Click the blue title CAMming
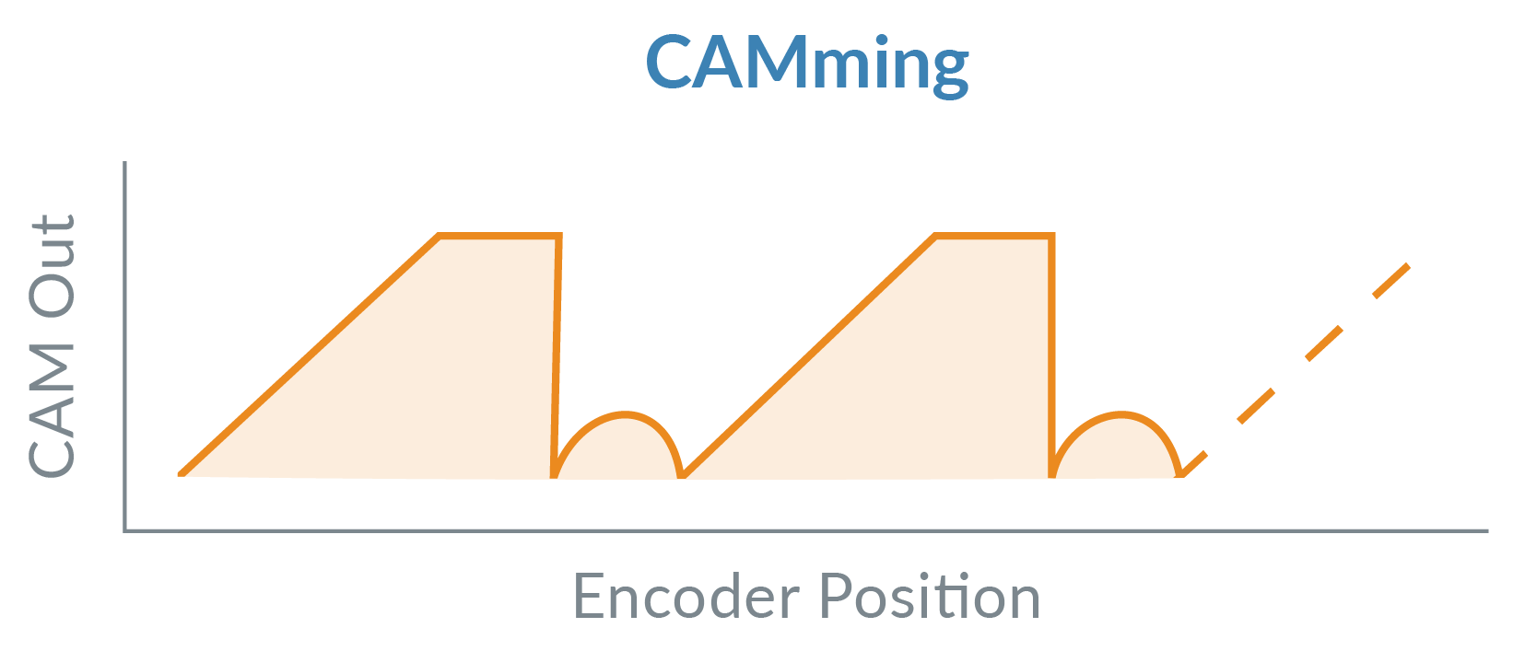pyautogui.click(x=807, y=64)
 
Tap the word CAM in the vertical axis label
pyautogui.click(x=52, y=412)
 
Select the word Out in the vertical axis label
pyautogui.click(x=52, y=266)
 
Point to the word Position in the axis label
pyautogui.click(x=930, y=596)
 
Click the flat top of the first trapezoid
pyautogui.click(x=499, y=236)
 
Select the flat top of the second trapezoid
pyautogui.click(x=994, y=236)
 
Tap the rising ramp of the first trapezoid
pyautogui.click(x=309, y=355)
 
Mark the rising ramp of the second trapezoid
pyautogui.click(x=809, y=355)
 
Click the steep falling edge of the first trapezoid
pyautogui.click(x=557, y=355)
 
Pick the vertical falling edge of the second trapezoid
pyautogui.click(x=1052, y=355)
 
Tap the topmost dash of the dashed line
pyautogui.click(x=1391, y=280)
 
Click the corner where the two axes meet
pyautogui.click(x=124, y=530)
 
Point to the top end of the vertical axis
pyautogui.click(x=124, y=162)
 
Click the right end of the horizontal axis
pyautogui.click(x=1488, y=530)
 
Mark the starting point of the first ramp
pyautogui.click(x=181, y=474)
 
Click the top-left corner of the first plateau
pyautogui.click(x=440, y=236)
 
